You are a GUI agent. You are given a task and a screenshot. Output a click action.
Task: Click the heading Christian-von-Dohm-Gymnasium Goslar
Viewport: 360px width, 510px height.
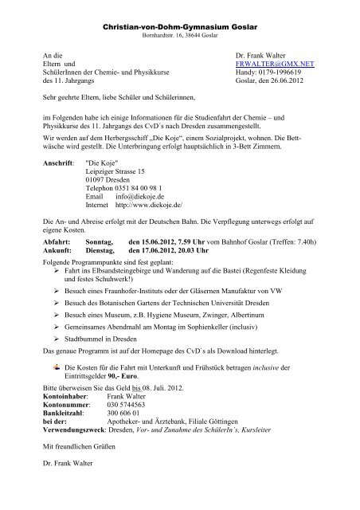coord(180,28)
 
